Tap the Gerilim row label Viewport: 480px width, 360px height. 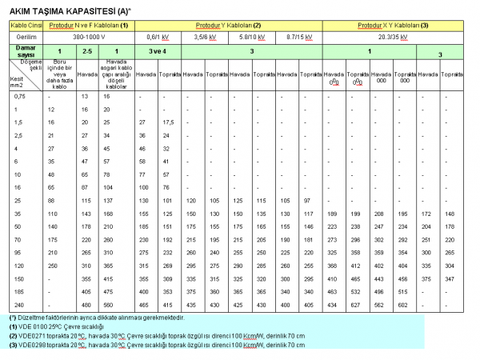point(22,37)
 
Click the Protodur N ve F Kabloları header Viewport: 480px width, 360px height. point(90,26)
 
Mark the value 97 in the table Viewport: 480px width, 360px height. point(309,200)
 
